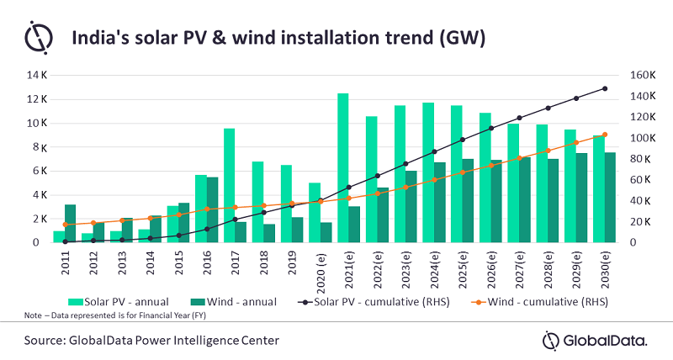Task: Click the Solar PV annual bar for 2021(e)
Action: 343,168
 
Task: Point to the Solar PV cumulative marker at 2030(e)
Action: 604,88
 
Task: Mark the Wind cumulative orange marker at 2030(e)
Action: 604,135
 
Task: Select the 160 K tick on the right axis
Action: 632,76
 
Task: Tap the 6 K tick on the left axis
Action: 37,171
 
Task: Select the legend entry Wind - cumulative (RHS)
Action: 548,300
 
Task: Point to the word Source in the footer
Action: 50,339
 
